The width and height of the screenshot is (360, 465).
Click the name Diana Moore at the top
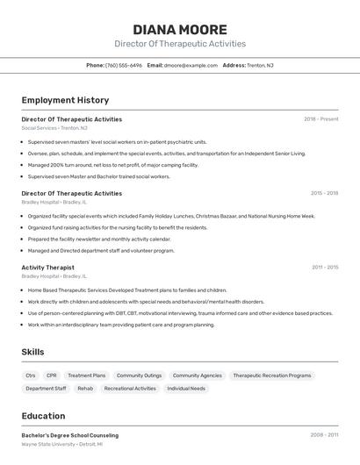coord(180,29)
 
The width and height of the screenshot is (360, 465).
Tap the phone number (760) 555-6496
coord(124,65)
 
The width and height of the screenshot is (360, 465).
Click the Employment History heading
coord(65,100)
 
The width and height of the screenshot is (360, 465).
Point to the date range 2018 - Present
coord(320,119)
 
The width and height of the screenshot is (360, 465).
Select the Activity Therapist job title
coord(47,268)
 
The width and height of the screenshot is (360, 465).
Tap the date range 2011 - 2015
coord(325,268)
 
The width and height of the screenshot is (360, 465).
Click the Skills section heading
coord(33,352)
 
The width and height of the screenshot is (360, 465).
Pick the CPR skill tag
coord(52,376)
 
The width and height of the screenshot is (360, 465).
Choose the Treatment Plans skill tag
coord(86,376)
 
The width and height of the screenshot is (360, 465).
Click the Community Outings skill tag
coord(139,376)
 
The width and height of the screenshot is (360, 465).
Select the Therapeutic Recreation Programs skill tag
coord(272,376)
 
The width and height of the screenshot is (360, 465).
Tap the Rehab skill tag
coord(85,388)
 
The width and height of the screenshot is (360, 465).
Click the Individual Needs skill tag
coord(186,388)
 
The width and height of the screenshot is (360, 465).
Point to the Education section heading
coord(43,416)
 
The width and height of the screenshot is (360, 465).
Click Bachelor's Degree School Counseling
coord(69,435)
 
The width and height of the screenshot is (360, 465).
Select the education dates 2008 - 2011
coord(324,435)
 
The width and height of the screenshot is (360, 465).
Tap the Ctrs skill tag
coord(31,376)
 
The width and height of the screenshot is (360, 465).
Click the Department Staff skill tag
coord(46,388)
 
